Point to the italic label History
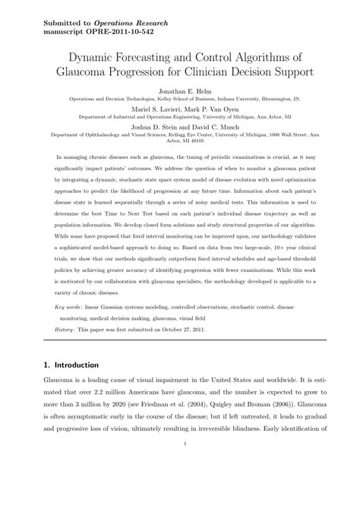66,353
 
